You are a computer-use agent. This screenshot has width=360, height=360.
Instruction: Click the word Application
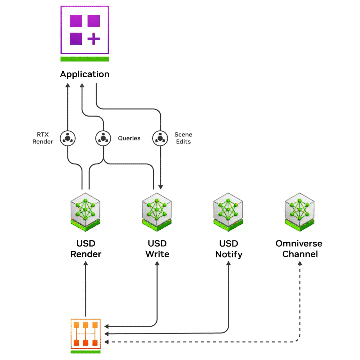85,74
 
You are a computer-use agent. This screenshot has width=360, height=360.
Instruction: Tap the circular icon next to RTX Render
68,138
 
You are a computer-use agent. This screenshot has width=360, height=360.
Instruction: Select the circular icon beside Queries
103,138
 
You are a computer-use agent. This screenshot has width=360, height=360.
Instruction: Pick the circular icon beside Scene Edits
160,138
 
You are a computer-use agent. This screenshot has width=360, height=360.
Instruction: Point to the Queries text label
129,138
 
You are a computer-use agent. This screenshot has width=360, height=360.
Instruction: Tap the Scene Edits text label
183,138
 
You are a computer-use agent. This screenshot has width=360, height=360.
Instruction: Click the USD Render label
86,249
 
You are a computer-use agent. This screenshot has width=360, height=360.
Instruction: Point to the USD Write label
157,249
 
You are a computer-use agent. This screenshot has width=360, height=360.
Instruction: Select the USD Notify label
228,249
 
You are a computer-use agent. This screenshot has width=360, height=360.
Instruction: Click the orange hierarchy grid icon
86,333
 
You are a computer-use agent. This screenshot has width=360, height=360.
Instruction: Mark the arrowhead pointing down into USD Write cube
161,187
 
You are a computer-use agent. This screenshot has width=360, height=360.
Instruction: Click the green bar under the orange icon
86,352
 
